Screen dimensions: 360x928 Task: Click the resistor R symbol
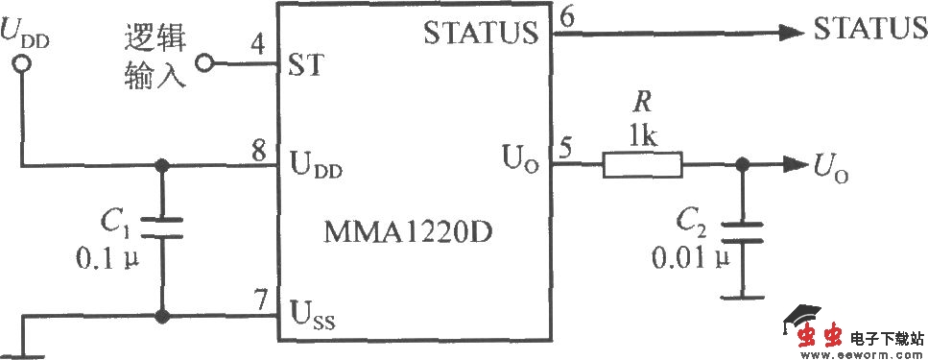[642, 166]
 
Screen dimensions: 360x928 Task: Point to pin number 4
[258, 44]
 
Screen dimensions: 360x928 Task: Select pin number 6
[567, 15]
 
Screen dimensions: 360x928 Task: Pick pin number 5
[566, 150]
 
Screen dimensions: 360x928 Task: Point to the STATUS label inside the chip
[480, 35]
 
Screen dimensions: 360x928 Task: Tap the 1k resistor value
[642, 136]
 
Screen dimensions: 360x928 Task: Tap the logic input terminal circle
[203, 65]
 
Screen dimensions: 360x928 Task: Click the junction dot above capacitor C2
[740, 165]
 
